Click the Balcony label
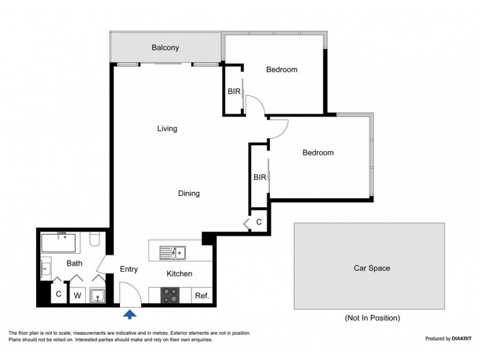coord(166,48)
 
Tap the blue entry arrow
coord(130,314)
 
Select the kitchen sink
coord(172,253)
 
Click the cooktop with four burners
coord(170,295)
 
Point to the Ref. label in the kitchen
coord(202,296)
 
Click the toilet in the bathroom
coord(95,239)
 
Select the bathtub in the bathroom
coord(58,244)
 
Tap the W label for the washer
coord(77,296)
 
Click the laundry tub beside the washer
coord(98,296)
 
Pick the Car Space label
coord(372,268)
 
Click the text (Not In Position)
coord(372,318)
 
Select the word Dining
coord(189,193)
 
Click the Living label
coord(167,128)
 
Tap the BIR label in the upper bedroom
coord(234,92)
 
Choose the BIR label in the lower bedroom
coord(260,177)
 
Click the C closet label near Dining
coord(259,222)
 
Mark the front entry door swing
coord(131,295)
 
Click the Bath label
coord(74,263)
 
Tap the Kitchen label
coord(179,274)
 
